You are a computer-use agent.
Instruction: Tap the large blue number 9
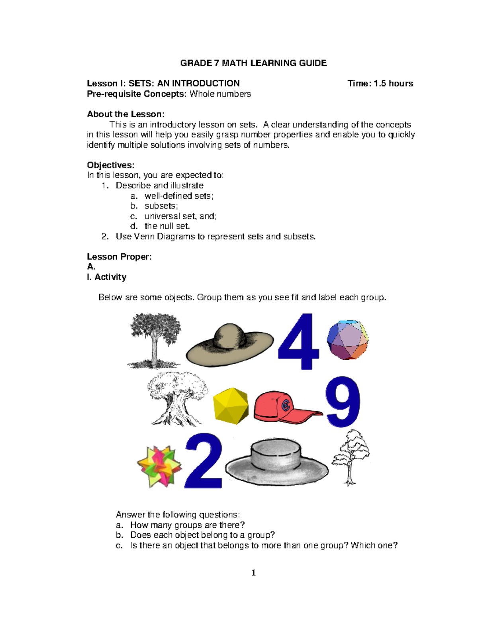click(x=343, y=402)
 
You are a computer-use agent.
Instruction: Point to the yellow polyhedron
click(x=231, y=406)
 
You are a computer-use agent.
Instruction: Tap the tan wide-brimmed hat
click(x=230, y=345)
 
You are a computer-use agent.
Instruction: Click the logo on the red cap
click(x=286, y=406)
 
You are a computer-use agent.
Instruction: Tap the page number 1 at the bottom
click(x=253, y=573)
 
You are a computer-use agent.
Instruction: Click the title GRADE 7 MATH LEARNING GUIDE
click(x=253, y=63)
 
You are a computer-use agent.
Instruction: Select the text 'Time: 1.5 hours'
click(x=380, y=83)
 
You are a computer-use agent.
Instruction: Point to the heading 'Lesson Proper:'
click(x=119, y=257)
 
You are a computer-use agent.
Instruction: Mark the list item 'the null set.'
click(x=167, y=226)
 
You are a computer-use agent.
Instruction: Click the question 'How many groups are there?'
click(x=187, y=525)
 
